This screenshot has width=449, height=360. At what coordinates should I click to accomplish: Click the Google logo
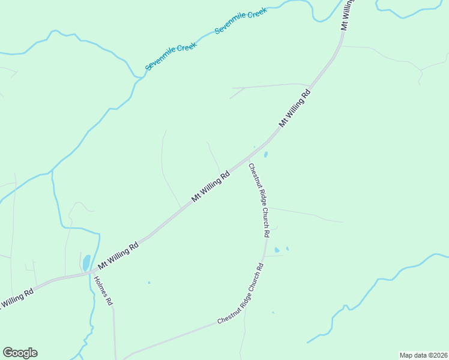tap(20, 353)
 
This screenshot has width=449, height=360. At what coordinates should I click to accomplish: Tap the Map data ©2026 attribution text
tap(423, 355)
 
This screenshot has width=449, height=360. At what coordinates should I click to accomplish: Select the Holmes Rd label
tap(103, 292)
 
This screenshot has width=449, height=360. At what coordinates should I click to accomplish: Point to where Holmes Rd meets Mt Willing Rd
tap(92, 273)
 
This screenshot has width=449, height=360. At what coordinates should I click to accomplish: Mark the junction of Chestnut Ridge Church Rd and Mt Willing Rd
tap(247, 161)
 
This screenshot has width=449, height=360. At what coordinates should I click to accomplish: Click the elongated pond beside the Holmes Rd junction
tap(86, 263)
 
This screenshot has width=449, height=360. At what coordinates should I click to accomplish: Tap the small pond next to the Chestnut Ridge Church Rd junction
tap(265, 154)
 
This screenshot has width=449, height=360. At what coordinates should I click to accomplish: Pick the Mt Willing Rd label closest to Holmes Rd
tap(118, 254)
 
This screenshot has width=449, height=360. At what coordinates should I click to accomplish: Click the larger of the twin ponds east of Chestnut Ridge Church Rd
tap(277, 250)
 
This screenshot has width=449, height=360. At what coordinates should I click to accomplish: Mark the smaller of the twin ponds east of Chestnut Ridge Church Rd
tap(288, 248)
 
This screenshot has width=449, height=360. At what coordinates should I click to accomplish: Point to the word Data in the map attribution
tap(419, 355)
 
